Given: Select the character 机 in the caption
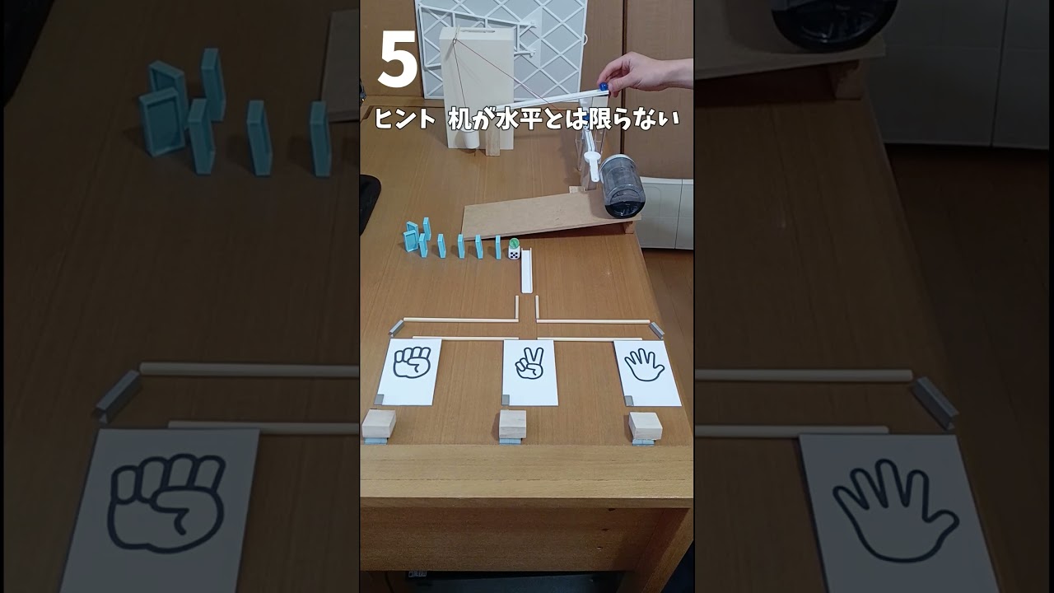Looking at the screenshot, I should [459, 119].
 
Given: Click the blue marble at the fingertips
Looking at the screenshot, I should [604, 86].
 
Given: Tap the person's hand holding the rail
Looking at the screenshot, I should [651, 72].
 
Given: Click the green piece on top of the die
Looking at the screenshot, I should [514, 243].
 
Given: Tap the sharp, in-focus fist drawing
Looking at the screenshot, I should [412, 363].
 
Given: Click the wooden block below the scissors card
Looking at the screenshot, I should [512, 423].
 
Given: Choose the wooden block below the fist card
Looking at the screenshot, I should [379, 423].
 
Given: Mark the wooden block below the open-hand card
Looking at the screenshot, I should [645, 425].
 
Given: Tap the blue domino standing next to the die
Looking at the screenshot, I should [498, 246].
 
